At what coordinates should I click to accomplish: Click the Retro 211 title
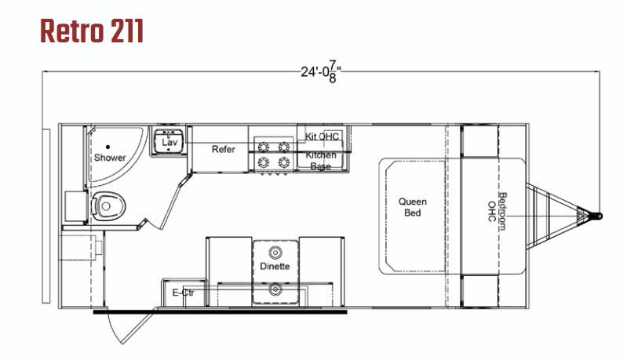click(x=92, y=31)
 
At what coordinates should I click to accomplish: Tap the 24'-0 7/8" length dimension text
click(x=321, y=73)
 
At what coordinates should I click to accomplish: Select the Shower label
click(x=110, y=158)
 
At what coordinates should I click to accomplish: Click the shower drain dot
click(x=108, y=147)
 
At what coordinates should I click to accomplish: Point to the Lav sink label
click(x=170, y=142)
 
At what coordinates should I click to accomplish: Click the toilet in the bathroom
click(x=108, y=206)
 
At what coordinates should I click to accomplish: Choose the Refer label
click(x=223, y=150)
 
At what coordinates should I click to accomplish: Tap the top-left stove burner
click(x=263, y=147)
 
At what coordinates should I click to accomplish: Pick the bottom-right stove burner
click(x=284, y=162)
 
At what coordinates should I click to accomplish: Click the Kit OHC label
click(x=322, y=136)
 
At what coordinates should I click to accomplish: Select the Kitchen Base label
click(x=321, y=160)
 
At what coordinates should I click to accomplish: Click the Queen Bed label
click(x=412, y=207)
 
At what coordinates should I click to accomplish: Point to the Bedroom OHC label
click(x=497, y=211)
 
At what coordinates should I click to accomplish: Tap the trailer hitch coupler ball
click(x=599, y=216)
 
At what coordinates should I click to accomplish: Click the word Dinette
click(x=275, y=266)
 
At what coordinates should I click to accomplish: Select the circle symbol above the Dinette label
click(x=275, y=253)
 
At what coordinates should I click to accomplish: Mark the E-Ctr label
click(x=183, y=293)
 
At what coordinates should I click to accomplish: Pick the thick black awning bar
click(x=220, y=311)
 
